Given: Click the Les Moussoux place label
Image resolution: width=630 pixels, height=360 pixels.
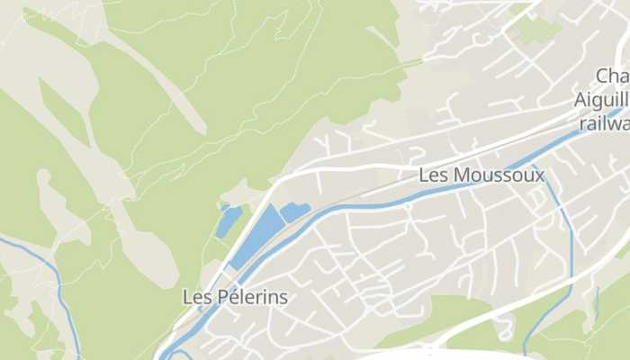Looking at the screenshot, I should click(x=481, y=175).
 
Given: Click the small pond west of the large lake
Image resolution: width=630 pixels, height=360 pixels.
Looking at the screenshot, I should click(x=228, y=221).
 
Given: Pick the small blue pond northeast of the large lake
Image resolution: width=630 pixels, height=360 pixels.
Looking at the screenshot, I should click(x=294, y=213).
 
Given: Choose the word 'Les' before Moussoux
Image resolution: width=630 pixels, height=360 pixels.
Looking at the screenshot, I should click(x=433, y=175).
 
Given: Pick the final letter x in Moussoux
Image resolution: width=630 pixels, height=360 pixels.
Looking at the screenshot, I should click(x=539, y=175).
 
